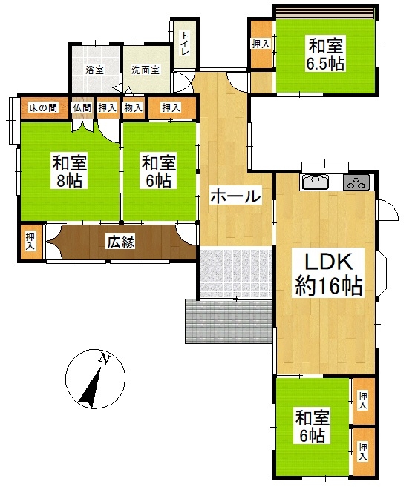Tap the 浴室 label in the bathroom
click(x=94, y=70)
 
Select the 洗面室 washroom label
click(x=146, y=70)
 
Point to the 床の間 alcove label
click(x=43, y=108)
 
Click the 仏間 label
click(x=82, y=108)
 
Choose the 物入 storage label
click(x=133, y=108)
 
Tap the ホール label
click(x=235, y=196)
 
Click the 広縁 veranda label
click(x=121, y=242)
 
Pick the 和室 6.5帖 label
click(x=326, y=53)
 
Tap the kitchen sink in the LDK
click(x=315, y=182)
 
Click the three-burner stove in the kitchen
click(x=356, y=182)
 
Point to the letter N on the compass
click(x=105, y=359)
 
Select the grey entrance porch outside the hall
click(x=229, y=321)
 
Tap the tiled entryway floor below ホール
click(x=236, y=272)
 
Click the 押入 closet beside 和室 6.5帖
click(x=261, y=44)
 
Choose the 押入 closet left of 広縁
click(x=30, y=242)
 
